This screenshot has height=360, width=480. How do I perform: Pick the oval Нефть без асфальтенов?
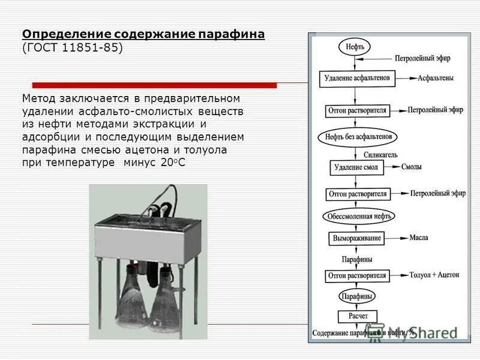click(358, 137)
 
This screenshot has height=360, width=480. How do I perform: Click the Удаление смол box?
click(356, 167)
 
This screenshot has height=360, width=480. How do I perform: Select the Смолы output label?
click(411, 167)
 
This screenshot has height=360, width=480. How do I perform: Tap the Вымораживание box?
click(357, 238)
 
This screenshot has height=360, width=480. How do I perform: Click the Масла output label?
click(418, 238)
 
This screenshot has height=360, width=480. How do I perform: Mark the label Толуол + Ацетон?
click(434, 275)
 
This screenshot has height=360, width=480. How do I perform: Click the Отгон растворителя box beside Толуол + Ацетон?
click(358, 275)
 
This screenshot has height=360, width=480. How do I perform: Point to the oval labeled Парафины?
click(357, 296)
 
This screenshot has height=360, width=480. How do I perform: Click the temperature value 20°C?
click(173, 163)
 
